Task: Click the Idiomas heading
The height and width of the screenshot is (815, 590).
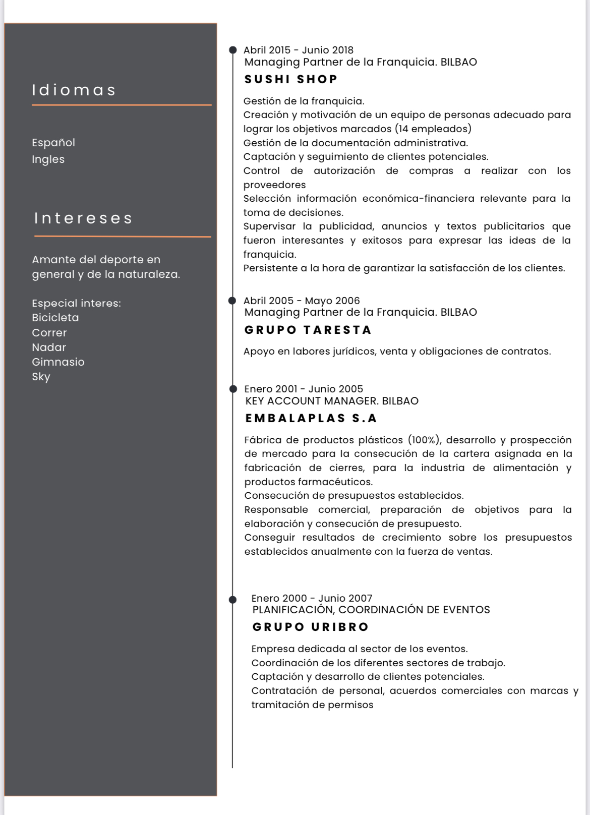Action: (74, 90)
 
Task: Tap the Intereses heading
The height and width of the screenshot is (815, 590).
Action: (83, 218)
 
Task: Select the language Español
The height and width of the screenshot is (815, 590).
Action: (53, 143)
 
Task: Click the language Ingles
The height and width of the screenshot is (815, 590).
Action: (48, 159)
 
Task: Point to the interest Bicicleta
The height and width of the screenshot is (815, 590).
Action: (55, 318)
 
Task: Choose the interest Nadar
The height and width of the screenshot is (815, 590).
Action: (49, 347)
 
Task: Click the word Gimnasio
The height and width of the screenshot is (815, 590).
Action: (58, 362)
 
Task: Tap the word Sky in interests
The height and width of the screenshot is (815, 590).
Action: (41, 377)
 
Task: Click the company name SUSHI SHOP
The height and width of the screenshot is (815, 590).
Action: (291, 79)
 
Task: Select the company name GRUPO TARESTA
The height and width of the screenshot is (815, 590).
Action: (308, 330)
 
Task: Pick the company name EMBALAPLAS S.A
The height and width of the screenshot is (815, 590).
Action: (311, 418)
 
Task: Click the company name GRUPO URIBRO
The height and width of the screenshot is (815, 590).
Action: (311, 627)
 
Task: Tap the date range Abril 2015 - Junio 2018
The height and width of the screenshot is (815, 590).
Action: (299, 50)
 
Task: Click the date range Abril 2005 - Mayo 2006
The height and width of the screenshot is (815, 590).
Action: (302, 301)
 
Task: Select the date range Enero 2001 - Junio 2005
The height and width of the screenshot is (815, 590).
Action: (304, 389)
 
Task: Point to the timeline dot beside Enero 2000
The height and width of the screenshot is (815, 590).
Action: (232, 600)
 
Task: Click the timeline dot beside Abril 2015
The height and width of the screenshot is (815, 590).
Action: (232, 50)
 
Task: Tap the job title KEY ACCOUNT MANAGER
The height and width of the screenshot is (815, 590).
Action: (311, 401)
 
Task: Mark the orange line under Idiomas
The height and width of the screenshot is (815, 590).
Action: (122, 105)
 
